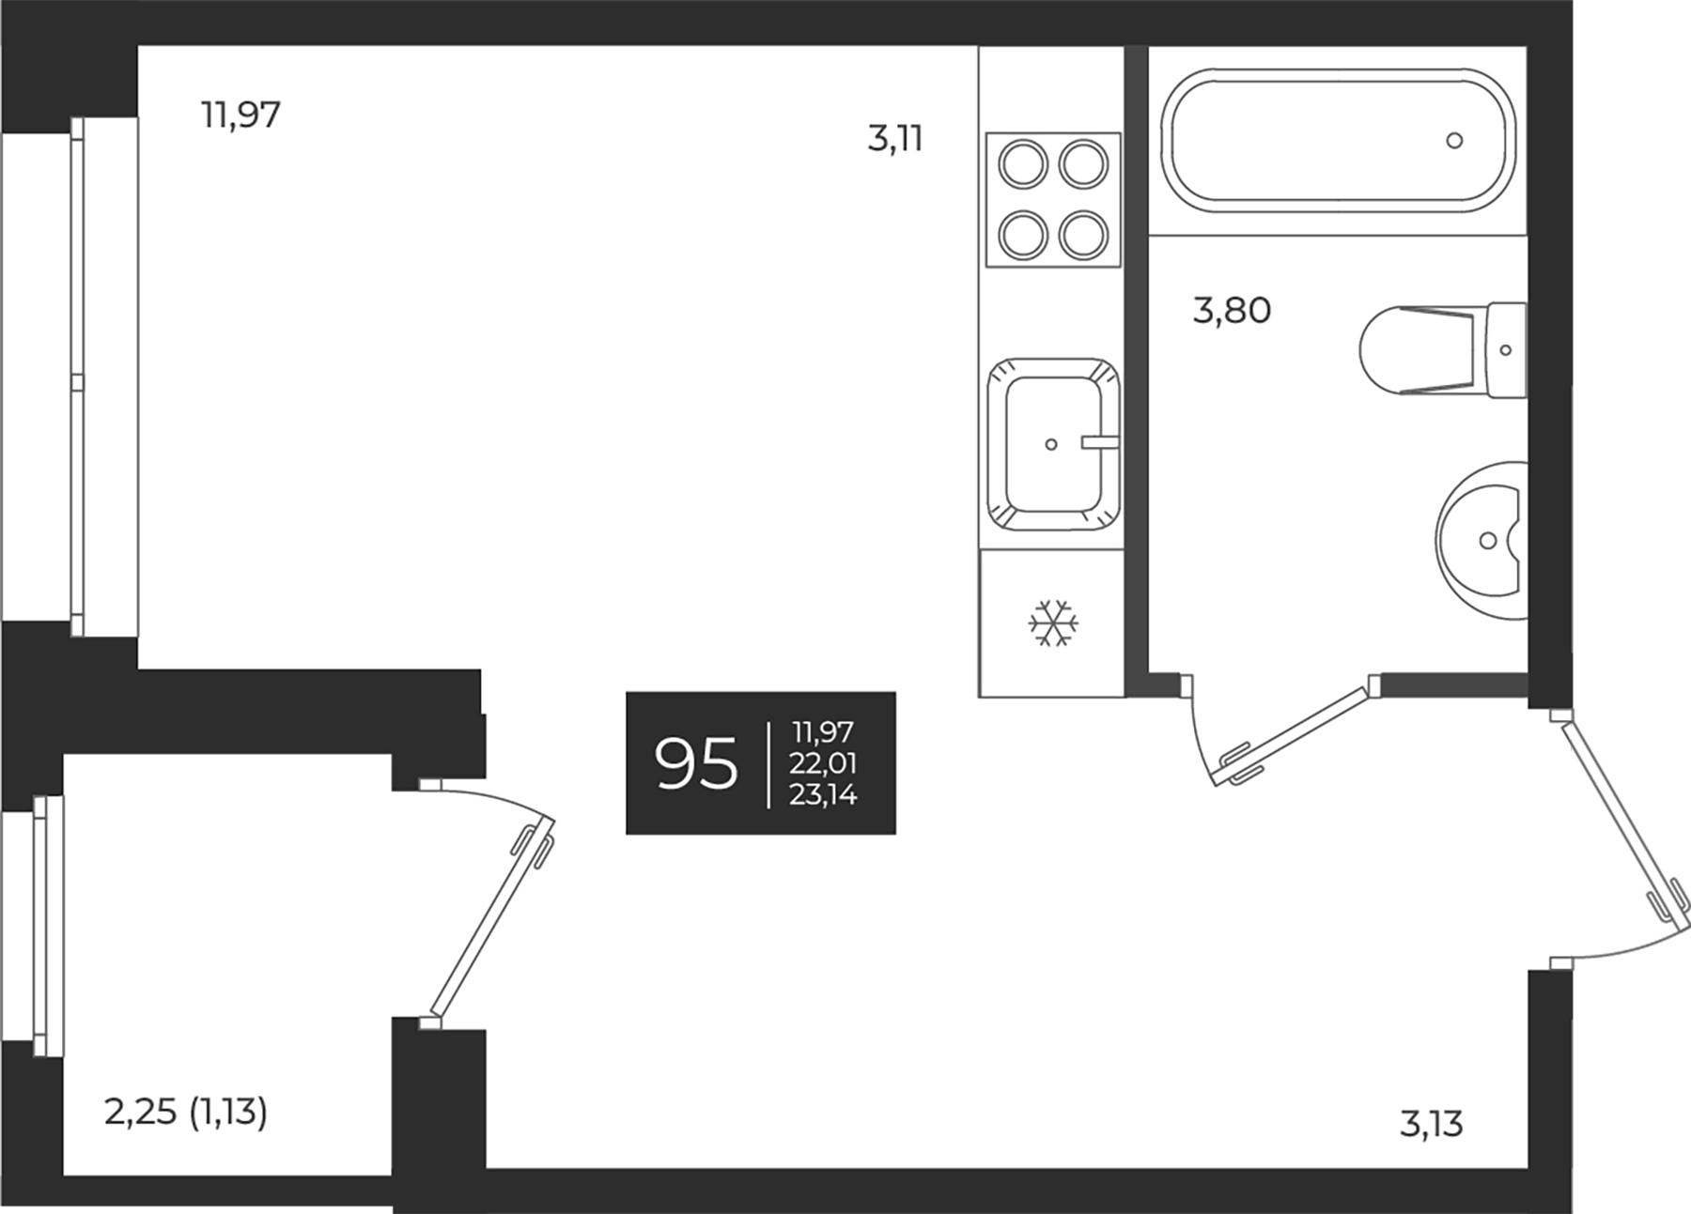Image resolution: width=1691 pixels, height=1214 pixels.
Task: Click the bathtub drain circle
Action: click(1454, 141)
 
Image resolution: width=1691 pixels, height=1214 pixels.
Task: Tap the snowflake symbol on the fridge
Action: click(1052, 623)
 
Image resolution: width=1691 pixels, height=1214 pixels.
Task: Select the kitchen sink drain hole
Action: click(1051, 444)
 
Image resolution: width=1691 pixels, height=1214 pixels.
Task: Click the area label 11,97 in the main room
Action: click(240, 115)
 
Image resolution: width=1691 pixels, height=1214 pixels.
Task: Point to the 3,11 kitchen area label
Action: click(895, 140)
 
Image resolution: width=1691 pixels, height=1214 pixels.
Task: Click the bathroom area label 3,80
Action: click(1232, 310)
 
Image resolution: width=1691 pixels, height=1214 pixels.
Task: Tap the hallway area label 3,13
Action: click(1432, 1124)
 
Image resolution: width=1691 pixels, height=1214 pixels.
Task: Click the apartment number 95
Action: click(696, 763)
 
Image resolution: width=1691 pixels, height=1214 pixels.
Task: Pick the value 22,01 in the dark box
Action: click(823, 763)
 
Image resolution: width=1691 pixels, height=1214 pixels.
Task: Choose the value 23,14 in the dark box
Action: click(823, 795)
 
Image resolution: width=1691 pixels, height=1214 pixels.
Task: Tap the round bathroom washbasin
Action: click(1482, 540)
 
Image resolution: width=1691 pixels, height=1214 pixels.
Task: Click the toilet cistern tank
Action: click(1507, 350)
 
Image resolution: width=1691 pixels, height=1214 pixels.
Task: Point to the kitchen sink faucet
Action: click(1099, 442)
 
